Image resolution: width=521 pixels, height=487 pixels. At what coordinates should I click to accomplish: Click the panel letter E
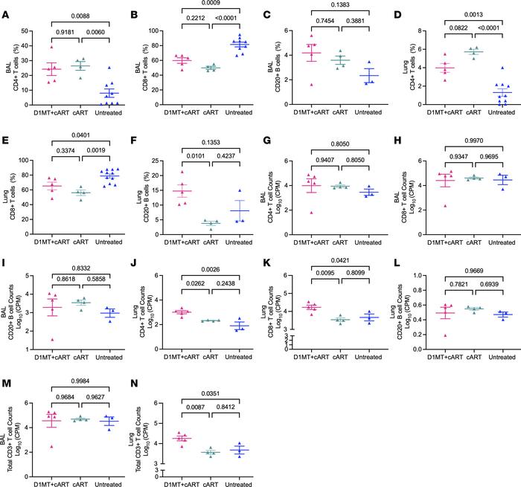pos(7,138)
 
